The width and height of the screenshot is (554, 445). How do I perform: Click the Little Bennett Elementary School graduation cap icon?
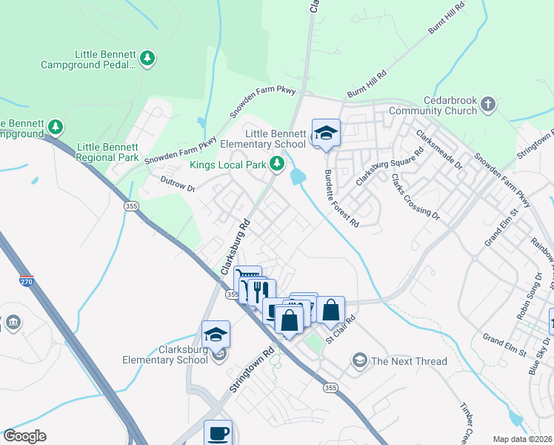click(x=326, y=133)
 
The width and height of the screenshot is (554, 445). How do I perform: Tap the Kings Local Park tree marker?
click(x=277, y=163)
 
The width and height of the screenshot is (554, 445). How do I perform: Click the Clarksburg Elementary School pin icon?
click(x=216, y=334)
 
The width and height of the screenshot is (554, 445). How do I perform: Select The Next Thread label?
click(x=409, y=361)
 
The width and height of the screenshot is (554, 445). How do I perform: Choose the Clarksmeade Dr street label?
click(x=436, y=151)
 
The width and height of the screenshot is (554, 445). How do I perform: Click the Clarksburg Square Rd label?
click(x=388, y=166)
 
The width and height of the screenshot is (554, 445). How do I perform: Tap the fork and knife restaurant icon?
click(x=258, y=291)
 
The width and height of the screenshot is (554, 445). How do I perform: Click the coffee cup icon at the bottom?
click(x=218, y=432)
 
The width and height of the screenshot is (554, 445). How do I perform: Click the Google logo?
click(x=24, y=436)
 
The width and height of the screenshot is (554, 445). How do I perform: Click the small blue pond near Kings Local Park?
click(x=298, y=177)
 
